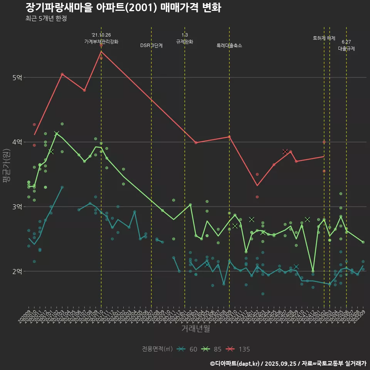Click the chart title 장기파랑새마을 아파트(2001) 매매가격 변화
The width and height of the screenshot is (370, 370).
pos(123,8)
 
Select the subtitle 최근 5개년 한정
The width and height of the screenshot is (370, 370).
pos(46,18)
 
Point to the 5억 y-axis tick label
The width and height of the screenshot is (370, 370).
pos(17,77)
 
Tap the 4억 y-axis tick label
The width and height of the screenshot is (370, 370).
pos(17,142)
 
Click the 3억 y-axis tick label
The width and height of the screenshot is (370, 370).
pos(17,207)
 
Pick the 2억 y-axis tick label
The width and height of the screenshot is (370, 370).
pos(17,271)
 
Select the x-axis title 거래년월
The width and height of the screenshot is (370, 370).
pos(195,329)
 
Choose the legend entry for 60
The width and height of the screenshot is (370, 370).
pos(188,349)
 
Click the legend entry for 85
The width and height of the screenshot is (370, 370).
pos(212,349)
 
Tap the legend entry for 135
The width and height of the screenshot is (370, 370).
pos(238,349)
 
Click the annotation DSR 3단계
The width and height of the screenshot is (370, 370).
pos(151,45)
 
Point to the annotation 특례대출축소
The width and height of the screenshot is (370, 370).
pos(229,45)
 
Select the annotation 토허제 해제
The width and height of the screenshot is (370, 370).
pos(324,38)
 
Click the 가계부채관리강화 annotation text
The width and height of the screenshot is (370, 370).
pos(101,42)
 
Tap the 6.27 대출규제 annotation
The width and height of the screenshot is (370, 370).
pos(346,45)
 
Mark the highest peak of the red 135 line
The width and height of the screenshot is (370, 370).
pos(101,51)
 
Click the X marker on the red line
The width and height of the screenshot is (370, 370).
pos(285,152)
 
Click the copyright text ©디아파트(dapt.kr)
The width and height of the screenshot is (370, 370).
pos(235,363)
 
